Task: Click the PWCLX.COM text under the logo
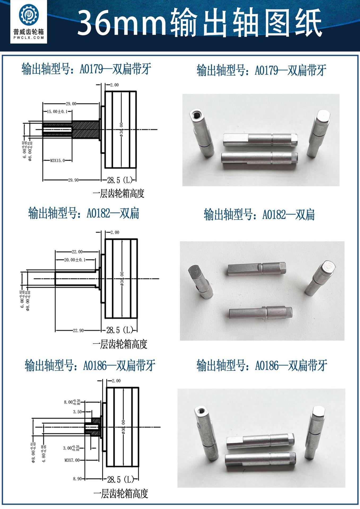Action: [x=29, y=38]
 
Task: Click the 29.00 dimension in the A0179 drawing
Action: [x=71, y=104]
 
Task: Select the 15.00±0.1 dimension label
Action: [x=57, y=112]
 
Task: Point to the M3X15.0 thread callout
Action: [x=57, y=160]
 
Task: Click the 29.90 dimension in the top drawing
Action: [x=73, y=180]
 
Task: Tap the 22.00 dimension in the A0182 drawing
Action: [x=77, y=252]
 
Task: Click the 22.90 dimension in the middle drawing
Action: [x=78, y=330]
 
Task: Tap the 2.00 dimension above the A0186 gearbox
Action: [x=116, y=381]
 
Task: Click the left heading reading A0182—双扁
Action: [x=84, y=213]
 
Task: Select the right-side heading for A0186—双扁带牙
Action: [x=262, y=366]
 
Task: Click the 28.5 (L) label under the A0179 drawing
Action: [x=120, y=181]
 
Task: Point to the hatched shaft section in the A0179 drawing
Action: [x=85, y=129]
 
